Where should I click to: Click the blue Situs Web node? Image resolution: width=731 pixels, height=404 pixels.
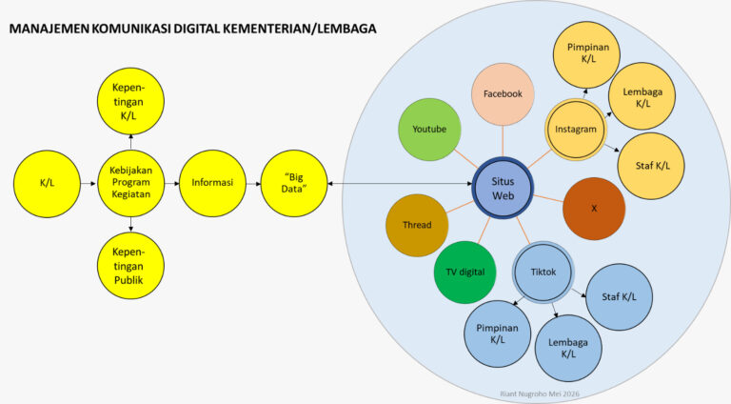click(503, 188)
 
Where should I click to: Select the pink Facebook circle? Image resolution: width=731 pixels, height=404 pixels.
click(503, 94)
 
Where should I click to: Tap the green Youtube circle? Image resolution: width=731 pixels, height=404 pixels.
click(429, 130)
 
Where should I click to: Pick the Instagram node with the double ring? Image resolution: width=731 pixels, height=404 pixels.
click(576, 130)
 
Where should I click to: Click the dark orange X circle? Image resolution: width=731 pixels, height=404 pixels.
click(594, 209)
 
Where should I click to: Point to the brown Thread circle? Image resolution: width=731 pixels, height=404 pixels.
click(417, 225)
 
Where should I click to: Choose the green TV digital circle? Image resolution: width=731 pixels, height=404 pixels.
click(464, 272)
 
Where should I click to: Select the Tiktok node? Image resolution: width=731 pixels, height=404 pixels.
click(543, 272)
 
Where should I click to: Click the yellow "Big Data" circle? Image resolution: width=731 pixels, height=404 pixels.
click(294, 183)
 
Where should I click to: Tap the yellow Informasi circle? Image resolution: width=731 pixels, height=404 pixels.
click(212, 183)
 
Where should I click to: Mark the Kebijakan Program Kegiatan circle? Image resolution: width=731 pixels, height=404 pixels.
click(131, 183)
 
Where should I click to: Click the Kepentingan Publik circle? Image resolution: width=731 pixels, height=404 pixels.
click(131, 266)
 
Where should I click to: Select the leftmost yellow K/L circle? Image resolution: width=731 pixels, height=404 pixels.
click(47, 183)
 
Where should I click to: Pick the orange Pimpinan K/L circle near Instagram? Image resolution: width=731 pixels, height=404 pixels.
click(586, 54)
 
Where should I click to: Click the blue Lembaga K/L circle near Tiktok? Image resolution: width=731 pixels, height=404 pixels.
click(568, 348)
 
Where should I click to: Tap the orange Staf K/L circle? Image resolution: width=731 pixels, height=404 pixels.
click(651, 166)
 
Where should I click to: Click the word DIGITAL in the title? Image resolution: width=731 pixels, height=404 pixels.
click(197, 29)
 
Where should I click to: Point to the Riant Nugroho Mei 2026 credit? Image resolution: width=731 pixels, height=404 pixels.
click(540, 394)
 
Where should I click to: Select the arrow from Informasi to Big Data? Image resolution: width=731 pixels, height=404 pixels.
click(253, 183)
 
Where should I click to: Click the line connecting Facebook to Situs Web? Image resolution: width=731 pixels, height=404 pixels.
click(503, 141)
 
